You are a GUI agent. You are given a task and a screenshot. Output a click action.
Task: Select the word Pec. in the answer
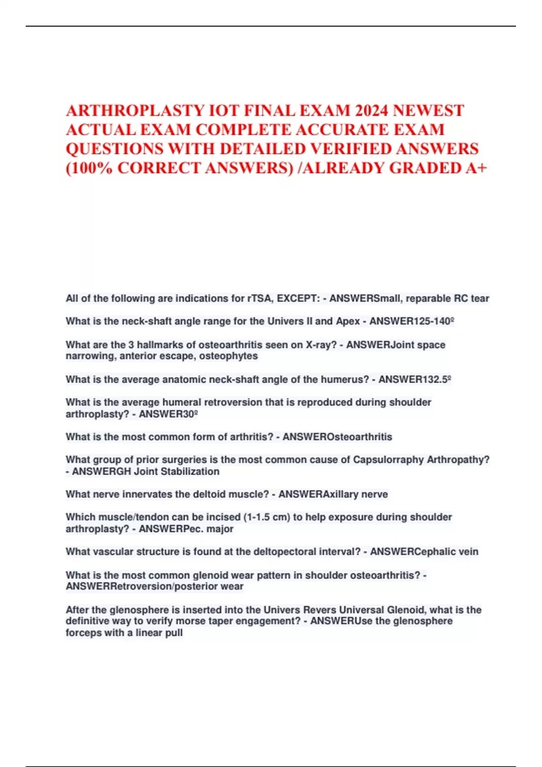pyautogui.click(x=192, y=529)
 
